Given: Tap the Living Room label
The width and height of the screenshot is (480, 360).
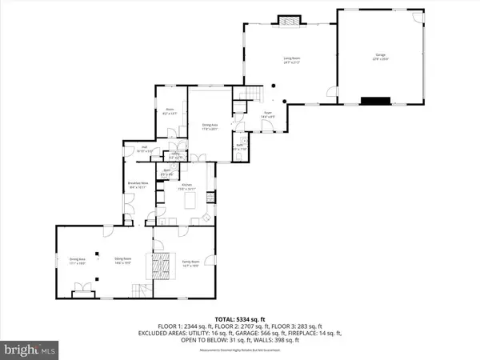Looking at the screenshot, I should coord(288,58).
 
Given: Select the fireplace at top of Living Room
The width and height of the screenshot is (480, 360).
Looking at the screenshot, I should coord(287,18).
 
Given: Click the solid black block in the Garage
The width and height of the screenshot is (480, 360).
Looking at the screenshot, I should coord(372,101).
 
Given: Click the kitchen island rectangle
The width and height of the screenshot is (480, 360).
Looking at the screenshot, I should coord(190,201).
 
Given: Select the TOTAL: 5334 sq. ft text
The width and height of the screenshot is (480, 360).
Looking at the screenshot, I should coord(239,318).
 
